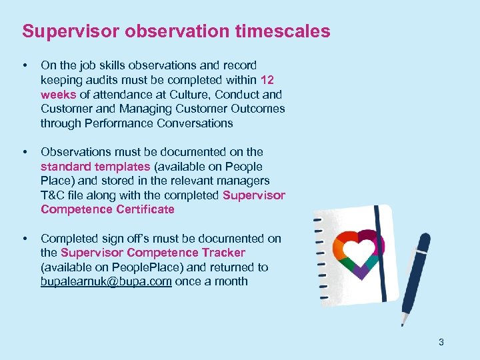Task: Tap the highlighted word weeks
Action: [x=57, y=95]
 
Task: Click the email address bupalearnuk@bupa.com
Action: [x=106, y=281]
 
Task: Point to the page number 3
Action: [x=441, y=342]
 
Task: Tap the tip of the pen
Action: [x=402, y=323]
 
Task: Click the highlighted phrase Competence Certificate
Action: [x=107, y=209]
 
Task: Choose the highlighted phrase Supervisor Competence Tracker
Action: [x=153, y=253]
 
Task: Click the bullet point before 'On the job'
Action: [x=25, y=65]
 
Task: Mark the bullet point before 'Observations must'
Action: [x=25, y=152]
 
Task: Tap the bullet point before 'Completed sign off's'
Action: [x=25, y=239]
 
